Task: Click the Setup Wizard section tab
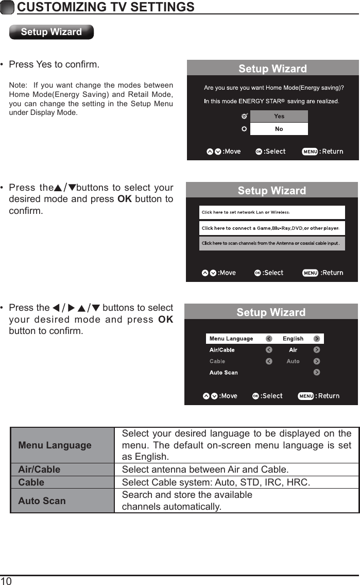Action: (52, 32)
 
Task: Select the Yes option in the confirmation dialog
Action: (279, 116)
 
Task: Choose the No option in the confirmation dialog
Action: (279, 129)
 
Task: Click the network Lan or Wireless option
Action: (272, 212)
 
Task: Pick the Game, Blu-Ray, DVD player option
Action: (272, 228)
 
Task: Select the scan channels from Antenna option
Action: (272, 243)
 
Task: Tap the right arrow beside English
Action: (317, 339)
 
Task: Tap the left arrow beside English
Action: (269, 339)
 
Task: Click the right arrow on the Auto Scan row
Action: (317, 372)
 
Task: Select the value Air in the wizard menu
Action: (293, 350)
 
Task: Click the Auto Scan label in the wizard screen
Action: (224, 373)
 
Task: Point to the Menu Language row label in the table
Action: (55, 445)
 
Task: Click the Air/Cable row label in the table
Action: (39, 470)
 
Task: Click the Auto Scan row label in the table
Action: (42, 500)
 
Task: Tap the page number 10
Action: (6, 581)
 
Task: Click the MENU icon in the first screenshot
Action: (310, 152)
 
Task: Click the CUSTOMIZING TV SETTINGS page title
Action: (106, 7)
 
